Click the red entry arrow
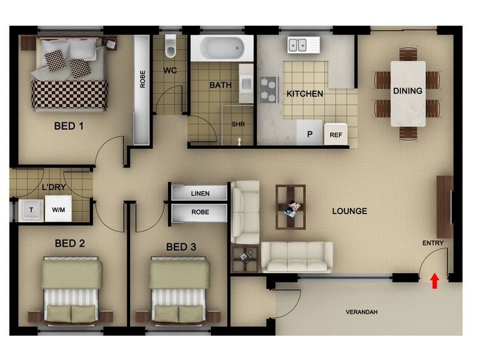pos(434,281)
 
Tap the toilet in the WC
pos(170,46)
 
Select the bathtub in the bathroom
pos(222,48)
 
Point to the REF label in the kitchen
pos(336,135)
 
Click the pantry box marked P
pos(310,132)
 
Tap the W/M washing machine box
pos(58,209)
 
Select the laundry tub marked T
pos(31,210)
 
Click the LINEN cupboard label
pos(200,193)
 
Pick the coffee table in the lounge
pos(290,206)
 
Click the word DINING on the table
pos(408,91)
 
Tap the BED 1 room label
pos(69,126)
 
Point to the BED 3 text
pos(181,247)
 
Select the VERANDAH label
pos(362,312)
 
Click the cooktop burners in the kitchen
pos(269,89)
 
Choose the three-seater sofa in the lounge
pos(297,257)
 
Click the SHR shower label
pos(238,124)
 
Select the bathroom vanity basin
pos(246,83)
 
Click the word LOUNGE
pos(350,211)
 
